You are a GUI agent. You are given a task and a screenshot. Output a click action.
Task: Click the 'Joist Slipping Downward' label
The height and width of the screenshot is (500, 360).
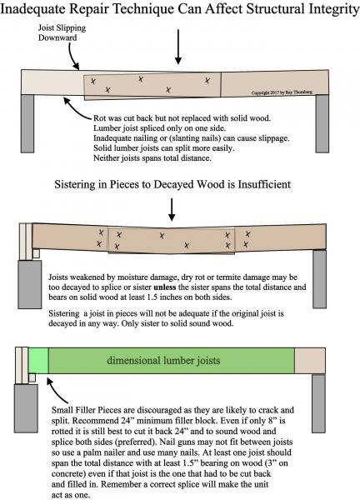tap(62, 32)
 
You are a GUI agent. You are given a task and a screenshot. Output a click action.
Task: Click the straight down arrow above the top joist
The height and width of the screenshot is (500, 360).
tap(178, 47)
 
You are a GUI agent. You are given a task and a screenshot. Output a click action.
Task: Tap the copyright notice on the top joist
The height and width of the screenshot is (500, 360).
tap(282, 92)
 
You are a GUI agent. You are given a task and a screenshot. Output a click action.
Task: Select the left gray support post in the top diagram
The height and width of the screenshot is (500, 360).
tap(27, 123)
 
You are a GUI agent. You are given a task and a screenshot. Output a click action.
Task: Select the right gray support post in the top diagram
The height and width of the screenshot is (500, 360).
tap(322, 123)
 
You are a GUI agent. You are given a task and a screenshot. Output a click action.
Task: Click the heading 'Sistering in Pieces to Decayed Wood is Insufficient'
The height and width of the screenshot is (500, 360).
tap(172, 185)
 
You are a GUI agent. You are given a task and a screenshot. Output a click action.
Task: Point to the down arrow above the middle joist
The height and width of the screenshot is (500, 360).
tap(172, 209)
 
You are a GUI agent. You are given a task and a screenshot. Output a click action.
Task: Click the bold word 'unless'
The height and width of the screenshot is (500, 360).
tap(164, 287)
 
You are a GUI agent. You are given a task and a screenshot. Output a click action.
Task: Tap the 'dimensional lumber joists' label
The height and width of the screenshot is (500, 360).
tap(163, 361)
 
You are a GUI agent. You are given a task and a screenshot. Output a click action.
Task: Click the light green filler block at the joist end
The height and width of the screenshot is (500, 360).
tap(38, 360)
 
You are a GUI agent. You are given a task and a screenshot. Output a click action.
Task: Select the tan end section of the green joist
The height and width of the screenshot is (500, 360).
tap(310, 361)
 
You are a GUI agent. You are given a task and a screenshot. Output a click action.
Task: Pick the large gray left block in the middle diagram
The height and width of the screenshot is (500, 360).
tap(30, 284)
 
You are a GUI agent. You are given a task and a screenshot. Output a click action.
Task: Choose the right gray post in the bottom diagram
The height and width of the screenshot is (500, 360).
tap(318, 403)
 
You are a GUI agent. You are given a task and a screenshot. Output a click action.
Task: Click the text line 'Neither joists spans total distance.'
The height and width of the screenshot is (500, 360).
tap(152, 157)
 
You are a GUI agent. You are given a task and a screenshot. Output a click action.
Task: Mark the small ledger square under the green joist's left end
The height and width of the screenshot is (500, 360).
tap(32, 377)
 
